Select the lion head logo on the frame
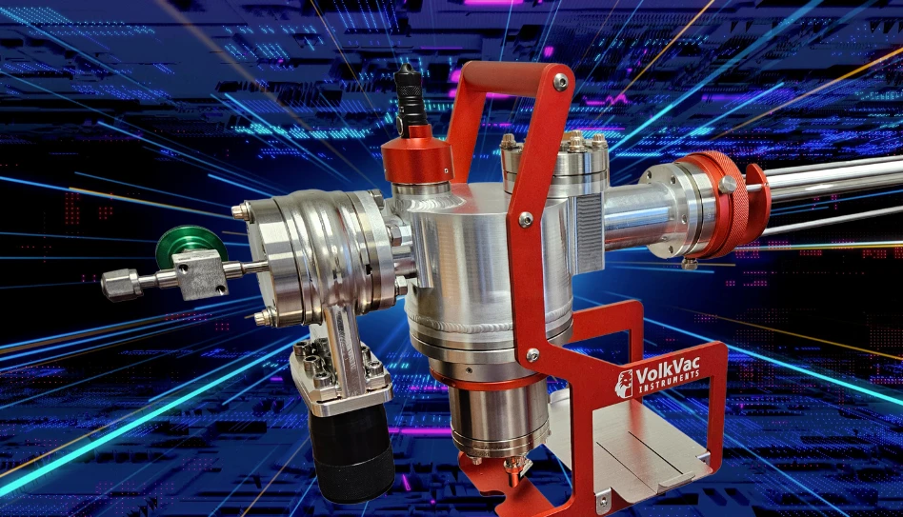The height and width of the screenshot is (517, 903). click(624, 384)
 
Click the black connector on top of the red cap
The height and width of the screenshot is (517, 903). click(411, 95)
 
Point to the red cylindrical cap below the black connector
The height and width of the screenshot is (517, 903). click(416, 154)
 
